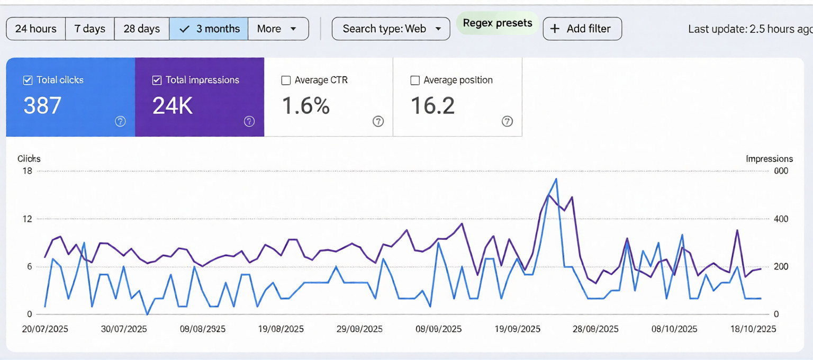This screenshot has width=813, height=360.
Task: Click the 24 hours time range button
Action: [x=35, y=29]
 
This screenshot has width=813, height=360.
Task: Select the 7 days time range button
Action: [x=89, y=29]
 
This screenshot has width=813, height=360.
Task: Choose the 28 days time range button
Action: [x=141, y=29]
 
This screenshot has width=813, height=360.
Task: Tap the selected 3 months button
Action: [x=209, y=29]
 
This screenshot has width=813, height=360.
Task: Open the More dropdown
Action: [x=277, y=29]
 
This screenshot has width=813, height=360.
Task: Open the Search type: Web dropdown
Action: [x=391, y=29]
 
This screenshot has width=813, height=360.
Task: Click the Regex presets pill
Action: [x=497, y=23]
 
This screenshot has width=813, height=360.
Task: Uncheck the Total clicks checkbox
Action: [x=28, y=80]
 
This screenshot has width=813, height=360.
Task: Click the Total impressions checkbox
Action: [x=157, y=80]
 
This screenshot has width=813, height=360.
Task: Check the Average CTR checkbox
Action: [x=286, y=80]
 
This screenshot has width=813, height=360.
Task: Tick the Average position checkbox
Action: [x=415, y=80]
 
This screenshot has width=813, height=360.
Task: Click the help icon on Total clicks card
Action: [x=120, y=121]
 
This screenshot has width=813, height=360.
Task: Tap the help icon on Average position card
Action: [x=507, y=121]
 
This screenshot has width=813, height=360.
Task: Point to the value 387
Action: [x=42, y=105]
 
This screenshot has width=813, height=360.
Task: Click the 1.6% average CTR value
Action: [x=305, y=105]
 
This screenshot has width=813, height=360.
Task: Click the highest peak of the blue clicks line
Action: [x=556, y=179]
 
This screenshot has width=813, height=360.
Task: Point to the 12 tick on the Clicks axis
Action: [x=26, y=219]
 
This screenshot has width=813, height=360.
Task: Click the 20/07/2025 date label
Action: [x=45, y=329]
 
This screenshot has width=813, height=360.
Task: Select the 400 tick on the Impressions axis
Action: [x=781, y=219]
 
